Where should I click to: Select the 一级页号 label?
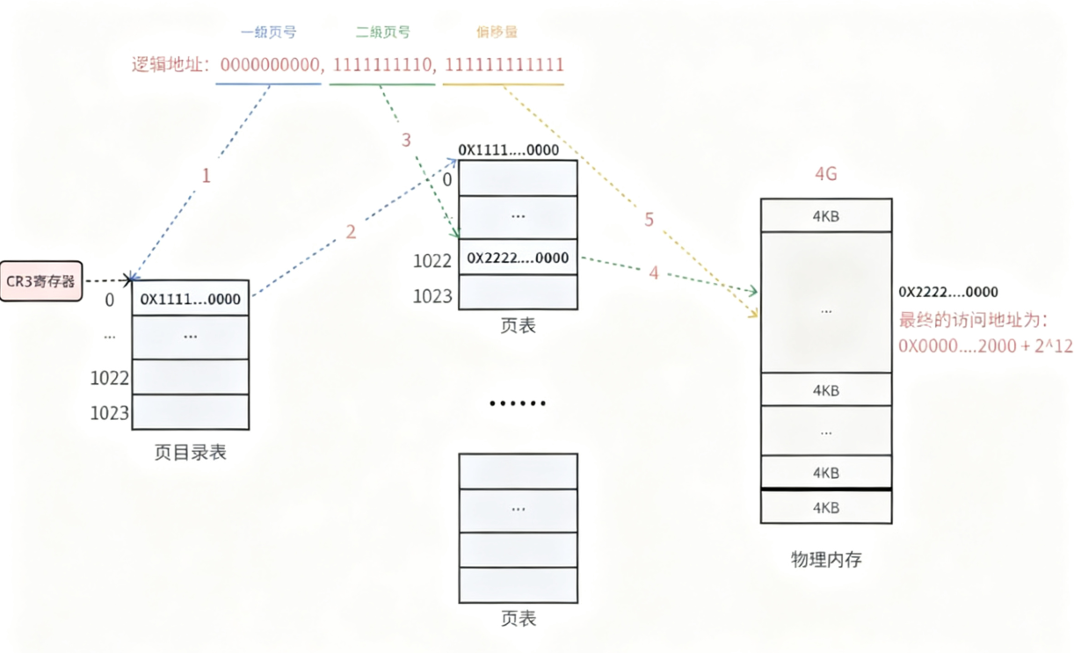pyautogui.click(x=268, y=33)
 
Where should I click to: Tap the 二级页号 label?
pyautogui.click(x=382, y=33)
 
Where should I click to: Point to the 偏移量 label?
pyautogui.click(x=497, y=33)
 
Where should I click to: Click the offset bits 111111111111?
pyautogui.click(x=504, y=65)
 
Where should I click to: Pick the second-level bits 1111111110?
pyautogui.click(x=384, y=65)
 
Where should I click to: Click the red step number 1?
pyautogui.click(x=206, y=176)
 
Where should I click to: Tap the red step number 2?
pyautogui.click(x=351, y=232)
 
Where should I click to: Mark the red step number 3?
pyautogui.click(x=405, y=140)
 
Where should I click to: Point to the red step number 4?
pyautogui.click(x=653, y=274)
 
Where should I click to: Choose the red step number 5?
pyautogui.click(x=649, y=220)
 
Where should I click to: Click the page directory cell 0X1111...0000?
pyautogui.click(x=191, y=299)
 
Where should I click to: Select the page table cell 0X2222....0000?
pyautogui.click(x=518, y=258)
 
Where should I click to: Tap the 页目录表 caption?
pyautogui.click(x=190, y=453)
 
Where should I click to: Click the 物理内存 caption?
pyautogui.click(x=826, y=558)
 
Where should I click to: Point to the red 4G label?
pyautogui.click(x=826, y=174)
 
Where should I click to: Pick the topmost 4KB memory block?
pyautogui.click(x=826, y=215)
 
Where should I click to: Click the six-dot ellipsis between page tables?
pyautogui.click(x=518, y=403)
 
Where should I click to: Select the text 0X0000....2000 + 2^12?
pyautogui.click(x=985, y=346)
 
